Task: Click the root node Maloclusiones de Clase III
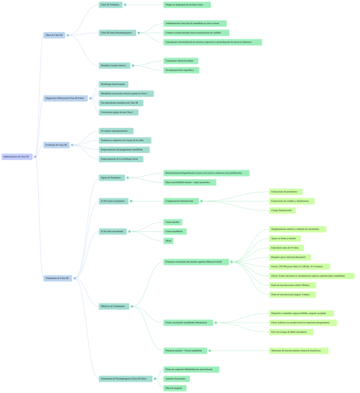[x=17, y=157]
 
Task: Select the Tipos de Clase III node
[x=54, y=35]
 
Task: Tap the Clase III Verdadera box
[x=110, y=5]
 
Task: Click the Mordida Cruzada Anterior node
[x=113, y=66]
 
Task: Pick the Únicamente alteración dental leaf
[x=182, y=61]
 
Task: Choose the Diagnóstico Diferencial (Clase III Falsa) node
[x=65, y=99]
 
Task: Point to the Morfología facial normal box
[x=113, y=84]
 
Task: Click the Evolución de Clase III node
[x=56, y=145]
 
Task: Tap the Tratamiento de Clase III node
[x=57, y=279]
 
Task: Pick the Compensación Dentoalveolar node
[x=180, y=201]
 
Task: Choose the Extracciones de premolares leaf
[x=286, y=192]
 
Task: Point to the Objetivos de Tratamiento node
[x=114, y=306]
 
